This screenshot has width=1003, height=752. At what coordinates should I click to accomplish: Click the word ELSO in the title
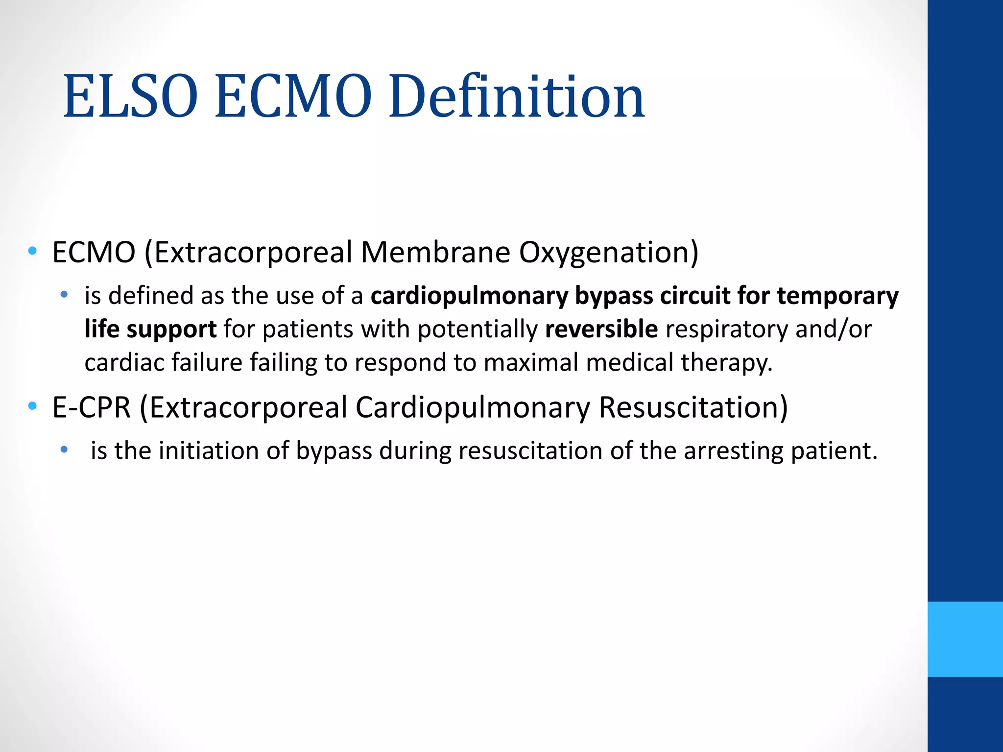[x=130, y=96]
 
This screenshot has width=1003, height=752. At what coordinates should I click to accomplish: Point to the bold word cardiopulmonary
[x=469, y=296]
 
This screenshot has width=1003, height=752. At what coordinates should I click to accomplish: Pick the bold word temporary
[x=837, y=296]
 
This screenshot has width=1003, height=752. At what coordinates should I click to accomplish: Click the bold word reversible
[x=601, y=329]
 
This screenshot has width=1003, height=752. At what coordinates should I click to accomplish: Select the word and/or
[x=834, y=329]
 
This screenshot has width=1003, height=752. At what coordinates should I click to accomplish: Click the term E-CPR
[x=92, y=407]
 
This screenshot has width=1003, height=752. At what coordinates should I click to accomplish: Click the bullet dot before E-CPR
[x=33, y=406]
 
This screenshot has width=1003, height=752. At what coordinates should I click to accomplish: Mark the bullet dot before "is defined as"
[x=64, y=295]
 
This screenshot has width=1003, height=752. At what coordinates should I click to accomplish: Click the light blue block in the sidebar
[x=965, y=639]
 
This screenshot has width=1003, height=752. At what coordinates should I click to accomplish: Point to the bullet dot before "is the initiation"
[x=64, y=449]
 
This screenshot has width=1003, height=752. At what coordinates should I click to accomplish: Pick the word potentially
[x=478, y=329]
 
